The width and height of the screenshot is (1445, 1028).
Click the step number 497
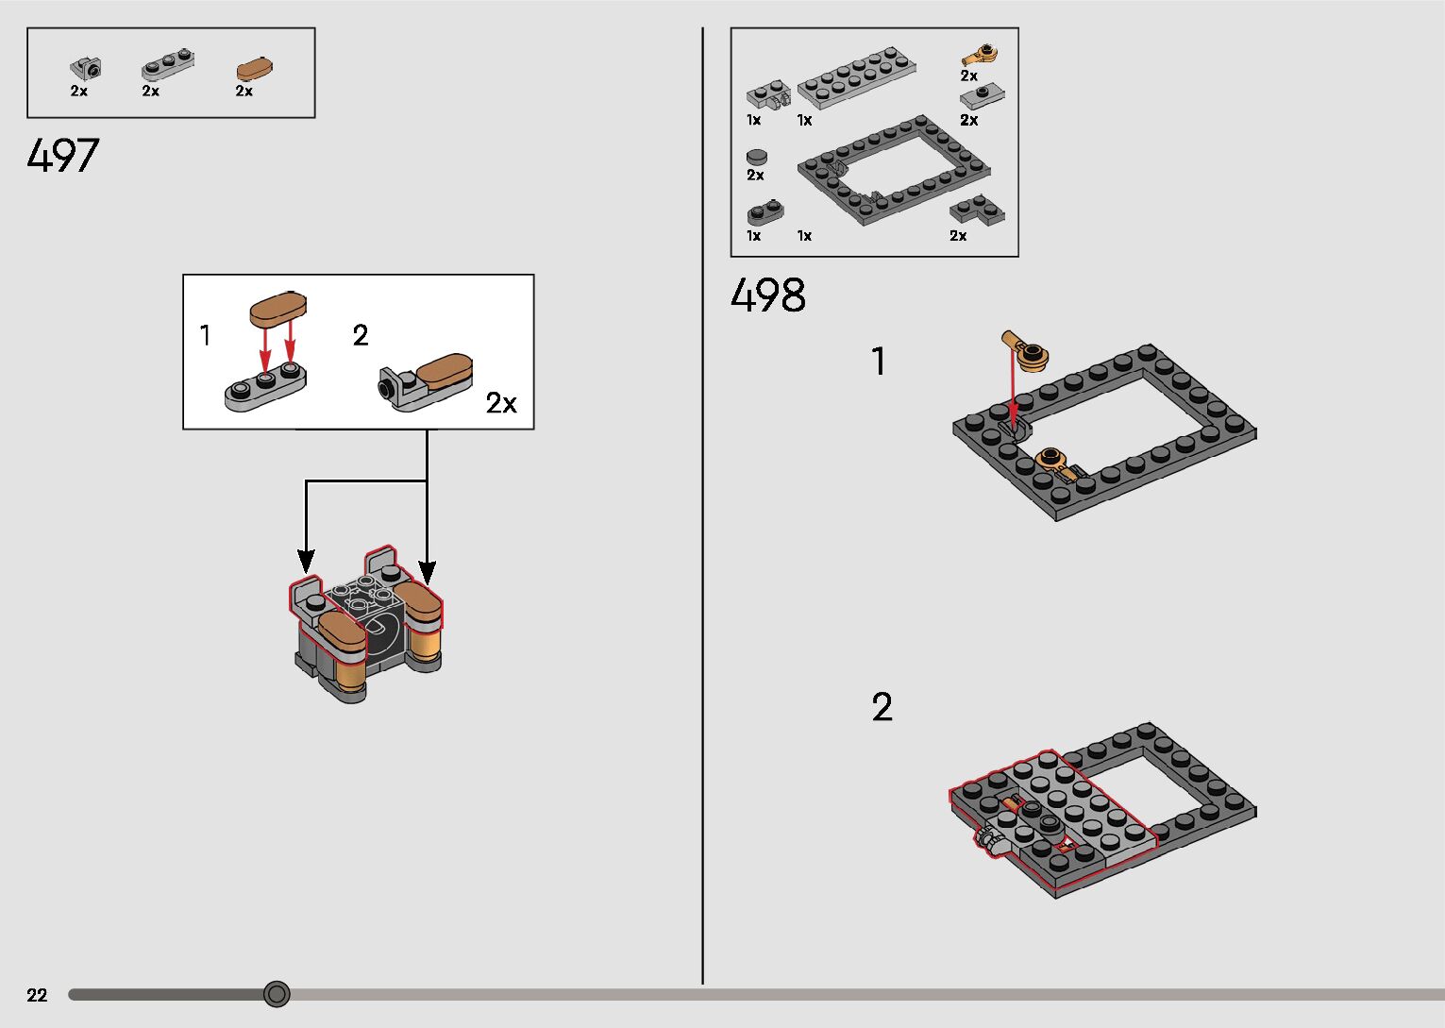[x=62, y=156]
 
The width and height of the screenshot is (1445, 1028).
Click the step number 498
[x=767, y=295]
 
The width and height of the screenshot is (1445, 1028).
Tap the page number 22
[x=37, y=995]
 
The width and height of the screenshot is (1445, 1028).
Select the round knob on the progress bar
[x=277, y=994]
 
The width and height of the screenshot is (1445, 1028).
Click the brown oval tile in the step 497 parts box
[x=254, y=68]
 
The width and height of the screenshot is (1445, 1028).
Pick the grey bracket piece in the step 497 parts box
[x=86, y=68]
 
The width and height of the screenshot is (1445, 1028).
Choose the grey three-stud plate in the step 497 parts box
[x=168, y=64]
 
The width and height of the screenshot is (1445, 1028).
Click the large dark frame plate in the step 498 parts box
[x=894, y=170]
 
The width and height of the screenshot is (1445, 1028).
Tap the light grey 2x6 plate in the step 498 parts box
[x=857, y=76]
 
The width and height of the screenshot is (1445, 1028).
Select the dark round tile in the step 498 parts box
[x=757, y=158]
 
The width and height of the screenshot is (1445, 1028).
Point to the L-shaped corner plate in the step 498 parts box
[x=977, y=211]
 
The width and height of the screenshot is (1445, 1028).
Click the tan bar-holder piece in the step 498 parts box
[x=980, y=56]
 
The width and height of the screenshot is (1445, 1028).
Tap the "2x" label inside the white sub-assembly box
[x=501, y=403]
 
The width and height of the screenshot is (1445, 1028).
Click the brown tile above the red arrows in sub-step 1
[x=278, y=309]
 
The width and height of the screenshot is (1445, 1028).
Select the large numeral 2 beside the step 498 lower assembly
[x=882, y=707]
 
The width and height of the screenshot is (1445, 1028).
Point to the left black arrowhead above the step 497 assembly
[x=306, y=562]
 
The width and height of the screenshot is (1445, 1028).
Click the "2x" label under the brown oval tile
[x=244, y=91]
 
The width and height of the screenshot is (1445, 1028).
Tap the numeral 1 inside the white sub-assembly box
[x=205, y=335]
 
